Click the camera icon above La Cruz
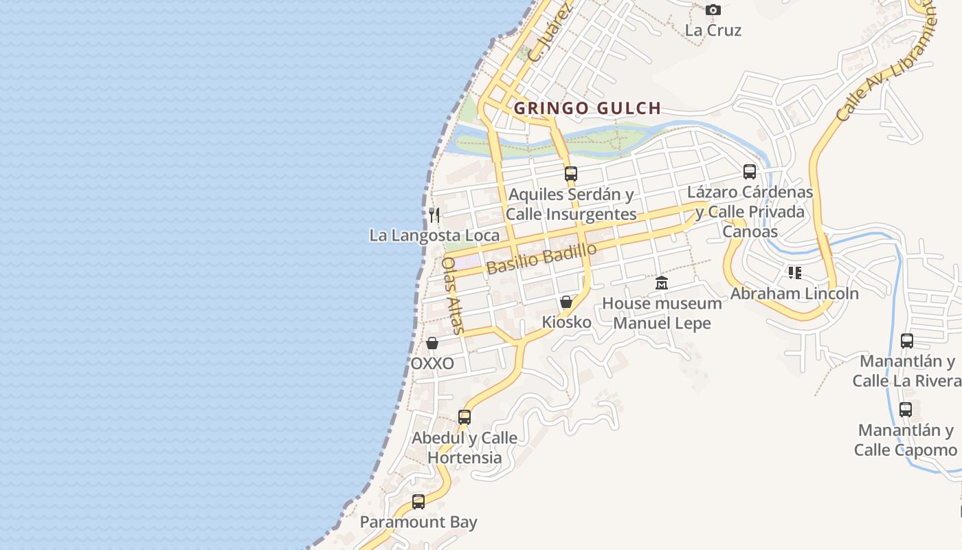tap(713, 10)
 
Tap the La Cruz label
tap(713, 30)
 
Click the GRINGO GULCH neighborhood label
tap(588, 108)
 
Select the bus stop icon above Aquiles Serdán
tap(571, 174)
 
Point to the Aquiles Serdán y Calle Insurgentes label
tap(571, 204)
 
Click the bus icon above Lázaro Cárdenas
tap(750, 172)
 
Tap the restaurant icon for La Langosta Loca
tap(434, 214)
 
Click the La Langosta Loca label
tap(434, 235)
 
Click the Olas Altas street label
tap(453, 294)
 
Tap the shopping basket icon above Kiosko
tap(566, 302)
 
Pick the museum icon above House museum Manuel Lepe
tap(662, 283)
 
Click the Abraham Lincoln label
tap(794, 294)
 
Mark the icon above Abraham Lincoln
tap(795, 273)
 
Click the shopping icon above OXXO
tap(432, 343)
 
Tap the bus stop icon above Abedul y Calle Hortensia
tap(465, 417)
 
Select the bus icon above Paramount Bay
tap(418, 502)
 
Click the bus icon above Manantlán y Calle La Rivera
tap(907, 340)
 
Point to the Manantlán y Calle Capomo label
tap(906, 440)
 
